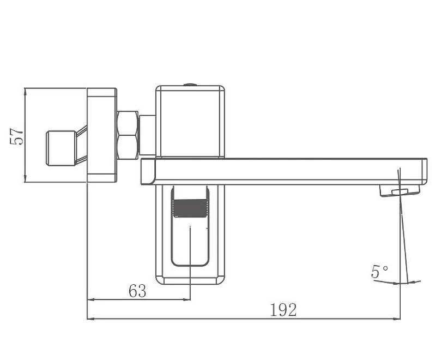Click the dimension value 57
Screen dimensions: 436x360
click(17, 136)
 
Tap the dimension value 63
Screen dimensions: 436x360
click(137, 291)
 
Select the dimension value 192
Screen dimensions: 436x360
click(283, 310)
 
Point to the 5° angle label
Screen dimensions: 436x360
click(379, 271)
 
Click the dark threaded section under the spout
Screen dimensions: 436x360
click(190, 208)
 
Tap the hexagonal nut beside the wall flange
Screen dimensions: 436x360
click(128, 135)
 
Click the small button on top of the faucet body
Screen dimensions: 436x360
click(190, 85)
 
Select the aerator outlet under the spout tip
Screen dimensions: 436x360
click(399, 191)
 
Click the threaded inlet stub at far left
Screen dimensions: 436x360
click(61, 148)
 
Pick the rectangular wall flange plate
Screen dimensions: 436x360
click(102, 135)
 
